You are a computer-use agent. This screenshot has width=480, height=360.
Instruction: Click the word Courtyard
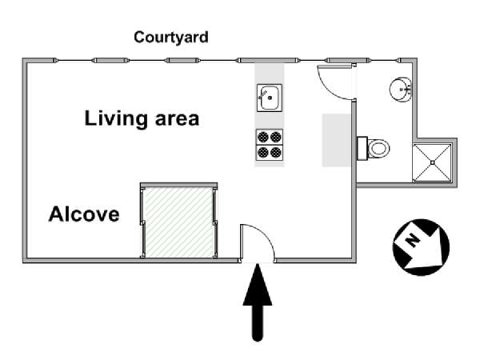tap(171, 38)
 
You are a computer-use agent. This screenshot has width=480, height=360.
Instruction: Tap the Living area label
tap(142, 118)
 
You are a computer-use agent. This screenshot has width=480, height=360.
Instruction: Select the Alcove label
tap(84, 214)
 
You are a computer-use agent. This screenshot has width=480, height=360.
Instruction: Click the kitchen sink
tap(270, 98)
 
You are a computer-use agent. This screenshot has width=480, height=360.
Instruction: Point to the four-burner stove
tap(270, 145)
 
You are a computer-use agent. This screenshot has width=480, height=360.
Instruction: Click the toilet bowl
tap(378, 149)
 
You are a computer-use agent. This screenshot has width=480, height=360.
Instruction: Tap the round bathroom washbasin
tap(401, 89)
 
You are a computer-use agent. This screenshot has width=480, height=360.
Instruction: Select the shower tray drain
tap(432, 162)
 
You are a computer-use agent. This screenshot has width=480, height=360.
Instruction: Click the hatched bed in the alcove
tap(178, 222)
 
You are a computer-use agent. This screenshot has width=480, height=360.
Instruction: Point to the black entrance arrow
tap(258, 302)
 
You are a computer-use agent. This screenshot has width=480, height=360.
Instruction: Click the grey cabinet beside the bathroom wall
tap(336, 140)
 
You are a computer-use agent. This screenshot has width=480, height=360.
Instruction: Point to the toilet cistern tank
tap(362, 149)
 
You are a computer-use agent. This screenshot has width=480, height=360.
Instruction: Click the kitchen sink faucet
tap(262, 94)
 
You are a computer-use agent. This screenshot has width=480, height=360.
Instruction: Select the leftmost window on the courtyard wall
tap(74, 61)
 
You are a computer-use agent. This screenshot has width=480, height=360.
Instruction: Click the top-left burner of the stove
tap(263, 137)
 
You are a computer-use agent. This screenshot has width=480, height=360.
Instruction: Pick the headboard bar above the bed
tap(178, 186)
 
